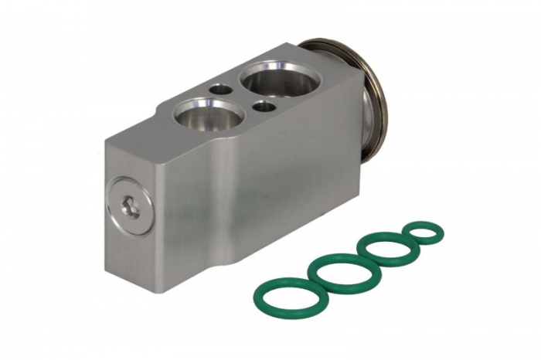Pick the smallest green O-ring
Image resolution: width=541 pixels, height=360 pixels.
tap(424, 231)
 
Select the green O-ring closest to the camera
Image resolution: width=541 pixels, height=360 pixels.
tap(287, 293)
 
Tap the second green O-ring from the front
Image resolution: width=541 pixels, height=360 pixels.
tap(344, 271)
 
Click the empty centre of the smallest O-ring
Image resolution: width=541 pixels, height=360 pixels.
tap(424, 231)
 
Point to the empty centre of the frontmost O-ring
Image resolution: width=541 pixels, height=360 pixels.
tap(287, 293)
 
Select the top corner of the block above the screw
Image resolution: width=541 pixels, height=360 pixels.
tap(107, 141)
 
